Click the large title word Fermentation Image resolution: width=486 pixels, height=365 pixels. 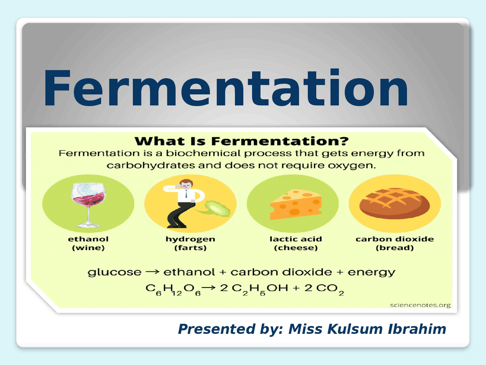tap(226, 88)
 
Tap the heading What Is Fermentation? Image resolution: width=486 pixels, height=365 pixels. tap(241, 141)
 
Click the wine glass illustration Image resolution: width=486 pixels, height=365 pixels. tap(88, 203)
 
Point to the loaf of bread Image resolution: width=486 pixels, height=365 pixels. tap(394, 203)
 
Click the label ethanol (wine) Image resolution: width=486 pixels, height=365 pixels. tap(88, 243)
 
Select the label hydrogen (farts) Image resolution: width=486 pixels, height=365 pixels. tap(190, 243)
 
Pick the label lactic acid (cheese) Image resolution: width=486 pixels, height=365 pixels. tap(295, 243)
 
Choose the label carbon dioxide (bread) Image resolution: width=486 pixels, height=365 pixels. tap(394, 243)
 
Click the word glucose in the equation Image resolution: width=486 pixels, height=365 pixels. tap(114, 272)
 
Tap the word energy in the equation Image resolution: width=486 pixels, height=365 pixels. tap(371, 272)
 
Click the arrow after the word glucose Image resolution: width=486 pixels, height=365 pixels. tap(152, 272)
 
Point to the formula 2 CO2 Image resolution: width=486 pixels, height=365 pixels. tap(324, 289)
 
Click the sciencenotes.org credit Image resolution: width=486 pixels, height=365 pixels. tap(420, 305)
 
